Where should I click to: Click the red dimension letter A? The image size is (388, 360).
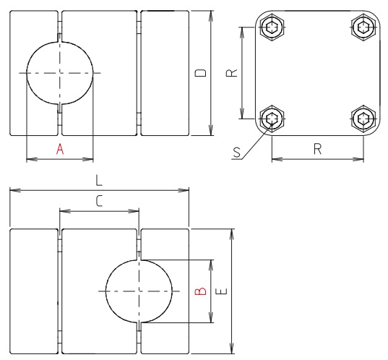(x=60, y=149)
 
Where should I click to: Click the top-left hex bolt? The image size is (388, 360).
(x=272, y=28)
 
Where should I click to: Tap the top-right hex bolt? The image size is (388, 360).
(x=362, y=27)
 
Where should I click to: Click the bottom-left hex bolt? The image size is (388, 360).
(x=272, y=119)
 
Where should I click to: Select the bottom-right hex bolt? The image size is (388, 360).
(x=362, y=119)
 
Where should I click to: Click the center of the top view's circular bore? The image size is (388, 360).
(x=60, y=74)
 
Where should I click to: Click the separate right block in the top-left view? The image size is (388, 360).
(x=164, y=74)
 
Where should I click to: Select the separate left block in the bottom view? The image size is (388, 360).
(x=33, y=291)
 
